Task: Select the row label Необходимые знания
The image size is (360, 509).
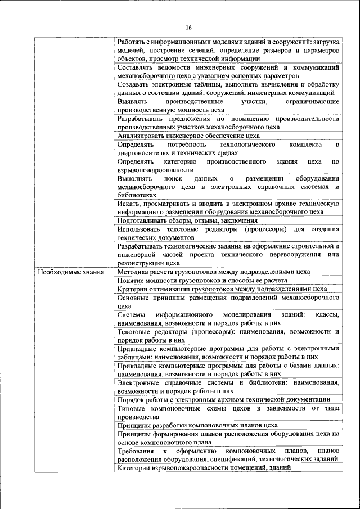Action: (x=62, y=272)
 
